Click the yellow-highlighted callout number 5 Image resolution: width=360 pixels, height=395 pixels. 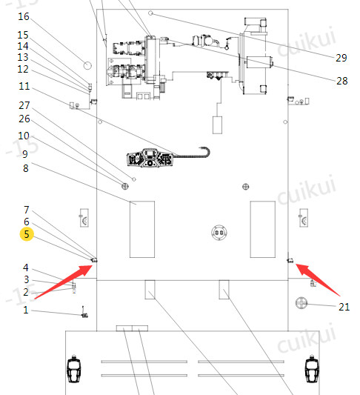pyautogui.click(x=27, y=234)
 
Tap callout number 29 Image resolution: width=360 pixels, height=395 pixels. pyautogui.click(x=341, y=58)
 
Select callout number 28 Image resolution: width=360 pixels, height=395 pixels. pyautogui.click(x=342, y=81)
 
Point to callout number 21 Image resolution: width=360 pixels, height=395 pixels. pyautogui.click(x=344, y=307)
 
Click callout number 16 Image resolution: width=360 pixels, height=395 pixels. pyautogui.click(x=24, y=16)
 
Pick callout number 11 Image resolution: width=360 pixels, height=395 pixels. pyautogui.click(x=24, y=86)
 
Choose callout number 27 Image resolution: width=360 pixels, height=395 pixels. pyautogui.click(x=24, y=105)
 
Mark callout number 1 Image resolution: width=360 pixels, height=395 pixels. pyautogui.click(x=26, y=310)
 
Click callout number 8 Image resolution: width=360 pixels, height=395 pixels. pyautogui.click(x=26, y=168)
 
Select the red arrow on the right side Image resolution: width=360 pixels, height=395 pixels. pyautogui.click(x=318, y=279)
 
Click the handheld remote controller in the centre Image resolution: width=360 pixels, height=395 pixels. pyautogui.click(x=150, y=158)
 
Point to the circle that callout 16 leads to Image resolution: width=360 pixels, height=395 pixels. pyautogui.click(x=87, y=66)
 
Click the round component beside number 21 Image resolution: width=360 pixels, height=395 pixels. pyautogui.click(x=301, y=303)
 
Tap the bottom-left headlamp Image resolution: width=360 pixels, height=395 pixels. pyautogui.click(x=73, y=369)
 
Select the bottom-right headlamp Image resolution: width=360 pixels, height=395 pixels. pyautogui.click(x=312, y=369)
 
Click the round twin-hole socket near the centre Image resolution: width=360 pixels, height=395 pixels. pyautogui.click(x=219, y=232)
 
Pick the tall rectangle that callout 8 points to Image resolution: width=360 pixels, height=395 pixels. pyautogui.click(x=142, y=229)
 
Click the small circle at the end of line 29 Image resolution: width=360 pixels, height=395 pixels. pyautogui.click(x=150, y=13)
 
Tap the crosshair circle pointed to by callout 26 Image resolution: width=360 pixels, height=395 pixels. pyautogui.click(x=125, y=186)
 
